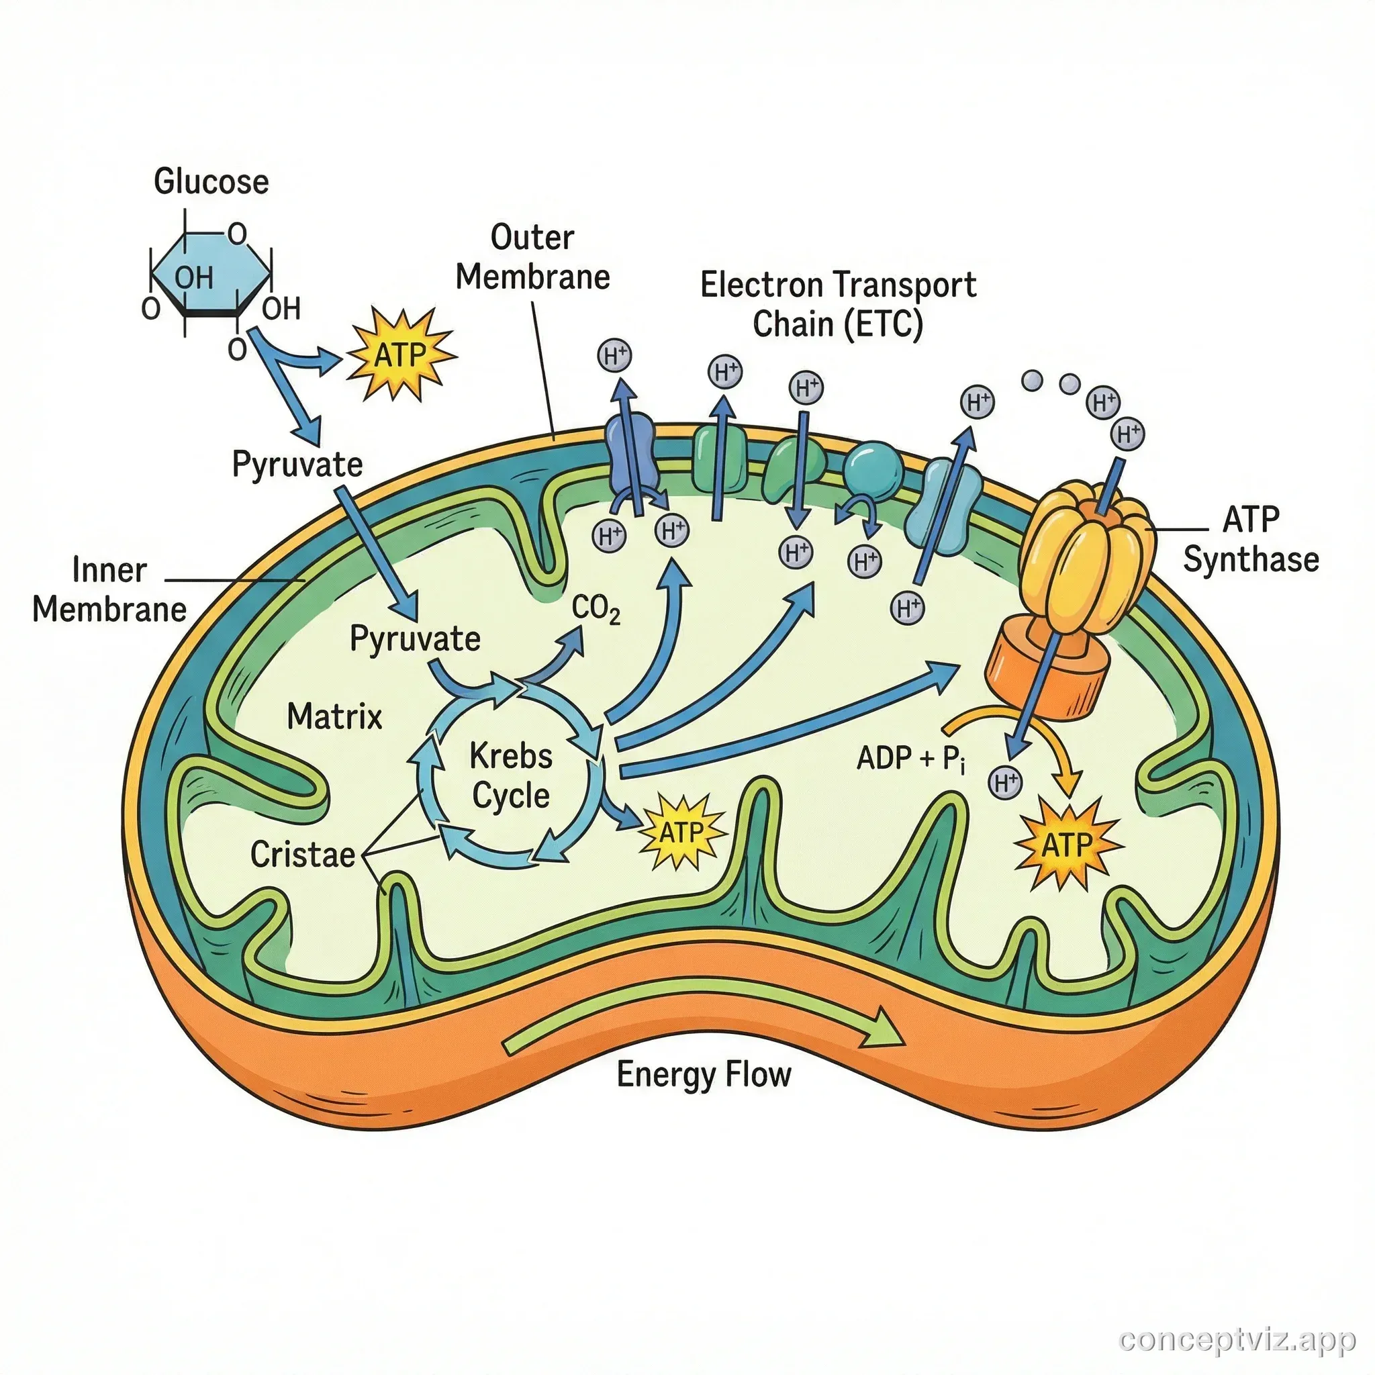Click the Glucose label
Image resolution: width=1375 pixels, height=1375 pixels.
(211, 181)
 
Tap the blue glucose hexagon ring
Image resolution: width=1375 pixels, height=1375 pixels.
(211, 274)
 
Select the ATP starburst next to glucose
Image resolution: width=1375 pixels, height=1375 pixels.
(399, 354)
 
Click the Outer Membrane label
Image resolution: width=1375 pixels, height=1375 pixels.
(532, 258)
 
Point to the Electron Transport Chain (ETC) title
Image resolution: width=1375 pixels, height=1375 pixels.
(838, 304)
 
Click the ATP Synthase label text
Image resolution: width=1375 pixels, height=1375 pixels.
(1250, 540)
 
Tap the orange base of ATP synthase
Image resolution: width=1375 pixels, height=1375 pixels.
(1046, 669)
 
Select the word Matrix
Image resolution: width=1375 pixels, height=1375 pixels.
(334, 716)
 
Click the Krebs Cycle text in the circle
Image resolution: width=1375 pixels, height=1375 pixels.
(511, 775)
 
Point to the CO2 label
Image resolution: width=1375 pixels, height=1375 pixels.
(596, 610)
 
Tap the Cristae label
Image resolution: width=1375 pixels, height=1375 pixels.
(303, 855)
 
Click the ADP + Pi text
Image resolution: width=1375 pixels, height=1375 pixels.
(911, 759)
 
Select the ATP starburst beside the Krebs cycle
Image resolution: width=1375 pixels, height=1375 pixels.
(681, 832)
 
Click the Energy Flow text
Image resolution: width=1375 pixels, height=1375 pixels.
(703, 1075)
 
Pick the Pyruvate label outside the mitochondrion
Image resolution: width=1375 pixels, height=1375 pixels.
(297, 465)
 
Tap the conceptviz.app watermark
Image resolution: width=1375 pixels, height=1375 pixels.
(1237, 1340)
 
